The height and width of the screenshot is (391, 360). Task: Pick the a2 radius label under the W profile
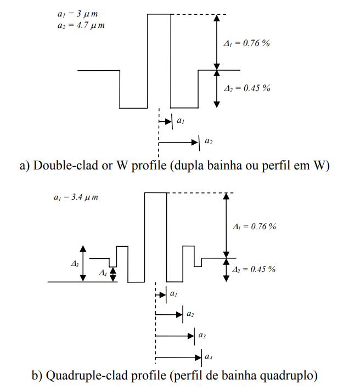click(x=209, y=142)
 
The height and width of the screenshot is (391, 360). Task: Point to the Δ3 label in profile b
click(x=75, y=264)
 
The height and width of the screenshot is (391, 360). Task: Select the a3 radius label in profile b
click(x=202, y=335)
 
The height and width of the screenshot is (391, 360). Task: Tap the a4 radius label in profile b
click(x=209, y=358)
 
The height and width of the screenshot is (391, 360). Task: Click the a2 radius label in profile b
click(x=190, y=314)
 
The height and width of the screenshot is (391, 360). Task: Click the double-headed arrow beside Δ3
click(x=83, y=263)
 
